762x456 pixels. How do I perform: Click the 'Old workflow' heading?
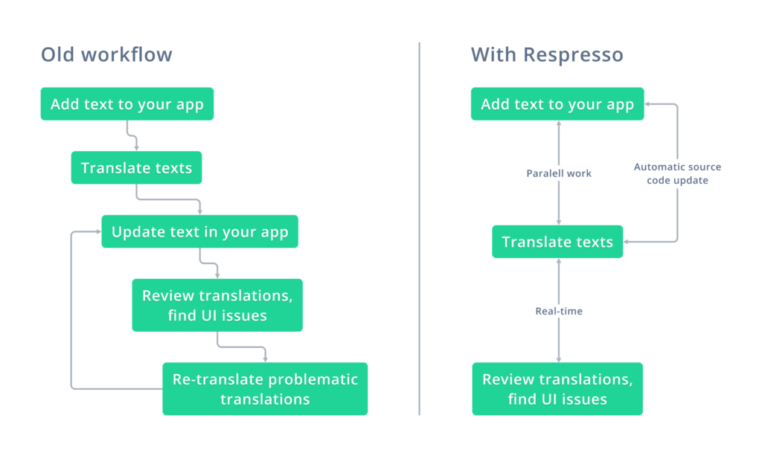106,54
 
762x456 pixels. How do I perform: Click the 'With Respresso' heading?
547,55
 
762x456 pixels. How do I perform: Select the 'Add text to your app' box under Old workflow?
127,104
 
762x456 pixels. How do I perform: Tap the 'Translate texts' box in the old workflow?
137,167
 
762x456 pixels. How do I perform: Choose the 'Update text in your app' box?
199,231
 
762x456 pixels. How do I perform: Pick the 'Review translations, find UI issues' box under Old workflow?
217,305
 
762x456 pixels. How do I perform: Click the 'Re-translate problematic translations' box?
265,389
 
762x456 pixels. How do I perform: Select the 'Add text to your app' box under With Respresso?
557,104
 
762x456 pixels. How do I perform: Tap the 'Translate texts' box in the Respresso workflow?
557,241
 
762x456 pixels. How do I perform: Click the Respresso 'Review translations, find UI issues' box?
557,389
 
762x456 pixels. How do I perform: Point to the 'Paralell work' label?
559,173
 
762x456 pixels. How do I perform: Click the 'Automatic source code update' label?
677,173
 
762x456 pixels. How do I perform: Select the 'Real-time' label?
559,311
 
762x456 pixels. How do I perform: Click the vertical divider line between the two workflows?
420,228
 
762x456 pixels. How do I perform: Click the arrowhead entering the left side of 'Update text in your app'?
99,231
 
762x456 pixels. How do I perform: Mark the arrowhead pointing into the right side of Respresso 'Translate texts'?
627,241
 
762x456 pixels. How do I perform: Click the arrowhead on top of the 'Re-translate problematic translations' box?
266,359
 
